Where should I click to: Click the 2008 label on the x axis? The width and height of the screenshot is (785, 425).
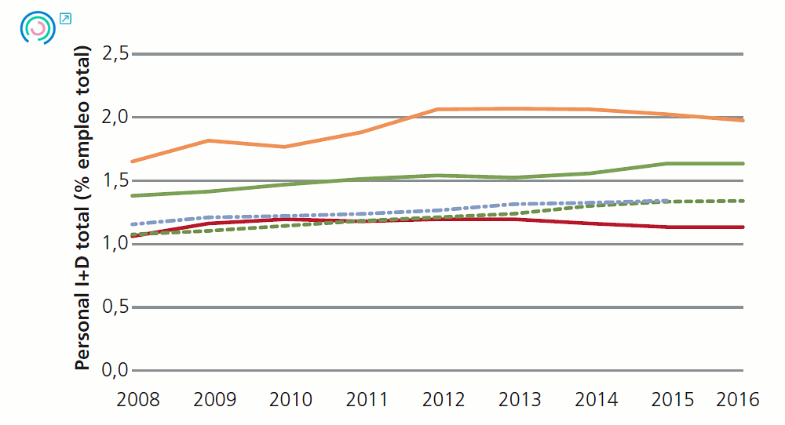(x=138, y=399)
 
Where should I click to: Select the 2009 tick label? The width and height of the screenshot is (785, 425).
(x=214, y=399)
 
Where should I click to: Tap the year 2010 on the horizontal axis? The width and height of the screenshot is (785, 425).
(x=290, y=399)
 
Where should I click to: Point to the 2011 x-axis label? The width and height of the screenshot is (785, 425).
(x=367, y=399)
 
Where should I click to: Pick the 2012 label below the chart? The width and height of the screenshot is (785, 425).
(x=444, y=399)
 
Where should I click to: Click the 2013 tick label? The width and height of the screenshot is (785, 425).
(x=520, y=399)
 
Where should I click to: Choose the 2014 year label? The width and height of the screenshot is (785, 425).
(x=596, y=399)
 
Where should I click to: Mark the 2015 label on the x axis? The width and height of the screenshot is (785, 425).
(x=673, y=399)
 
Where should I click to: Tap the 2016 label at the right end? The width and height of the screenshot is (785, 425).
(x=738, y=399)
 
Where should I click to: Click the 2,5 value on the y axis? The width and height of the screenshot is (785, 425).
(x=114, y=54)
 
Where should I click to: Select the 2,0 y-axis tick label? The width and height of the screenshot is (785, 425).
(x=114, y=118)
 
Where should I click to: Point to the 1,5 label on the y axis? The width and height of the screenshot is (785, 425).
(x=114, y=181)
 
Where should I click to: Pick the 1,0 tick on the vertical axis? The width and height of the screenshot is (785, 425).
(x=114, y=244)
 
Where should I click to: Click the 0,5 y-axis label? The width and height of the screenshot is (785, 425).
(x=114, y=307)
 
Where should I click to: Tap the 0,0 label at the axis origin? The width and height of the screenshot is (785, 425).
(x=114, y=370)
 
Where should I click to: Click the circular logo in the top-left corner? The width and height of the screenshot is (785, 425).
(x=36, y=27)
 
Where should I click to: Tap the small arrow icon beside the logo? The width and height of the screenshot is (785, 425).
(x=66, y=18)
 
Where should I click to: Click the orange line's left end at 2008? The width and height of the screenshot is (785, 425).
(x=133, y=161)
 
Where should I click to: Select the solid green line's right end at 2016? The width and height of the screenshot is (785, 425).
(x=742, y=163)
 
